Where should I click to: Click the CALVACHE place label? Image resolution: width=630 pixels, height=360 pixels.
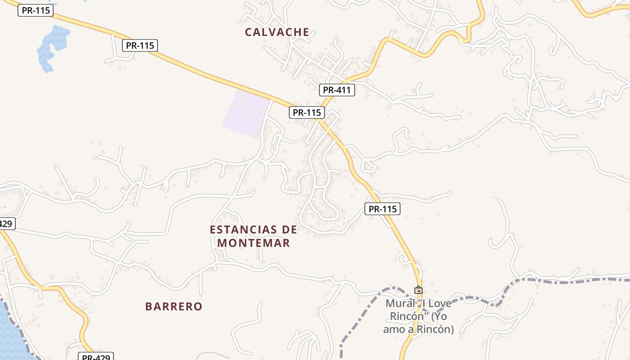pos(277,32)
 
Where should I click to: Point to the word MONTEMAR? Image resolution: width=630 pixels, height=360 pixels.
pos(254,243)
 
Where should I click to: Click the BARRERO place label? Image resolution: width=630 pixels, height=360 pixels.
pos(174,306)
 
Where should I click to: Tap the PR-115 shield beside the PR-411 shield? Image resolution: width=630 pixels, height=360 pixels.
pos(307,112)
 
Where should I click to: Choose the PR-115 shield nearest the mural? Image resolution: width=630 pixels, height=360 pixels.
pos(382,209)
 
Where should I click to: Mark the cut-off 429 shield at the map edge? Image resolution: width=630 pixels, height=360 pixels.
pos(6,224)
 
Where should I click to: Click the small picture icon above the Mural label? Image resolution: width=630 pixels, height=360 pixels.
pos(418,290)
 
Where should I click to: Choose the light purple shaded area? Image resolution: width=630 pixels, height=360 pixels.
pos(245,112)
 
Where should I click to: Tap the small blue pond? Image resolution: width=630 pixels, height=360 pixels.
pos(52,45)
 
